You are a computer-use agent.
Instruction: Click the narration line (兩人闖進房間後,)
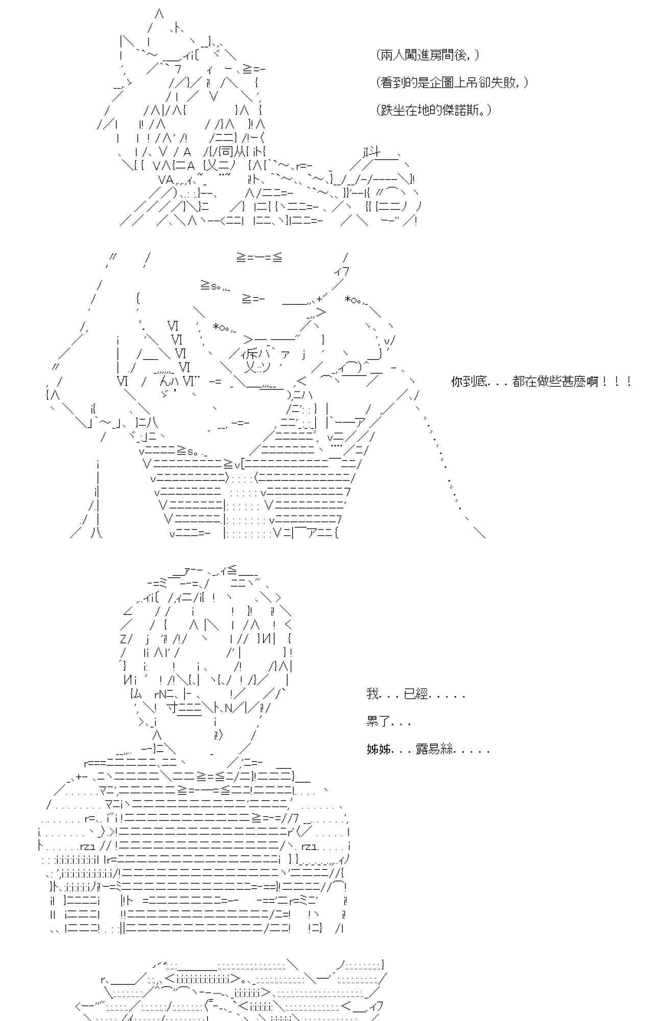pos(428,55)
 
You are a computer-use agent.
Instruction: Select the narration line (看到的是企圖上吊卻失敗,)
pos(452,83)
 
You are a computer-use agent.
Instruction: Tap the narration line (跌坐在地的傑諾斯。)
pos(434,110)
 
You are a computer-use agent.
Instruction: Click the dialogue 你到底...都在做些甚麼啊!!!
pos(541,381)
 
